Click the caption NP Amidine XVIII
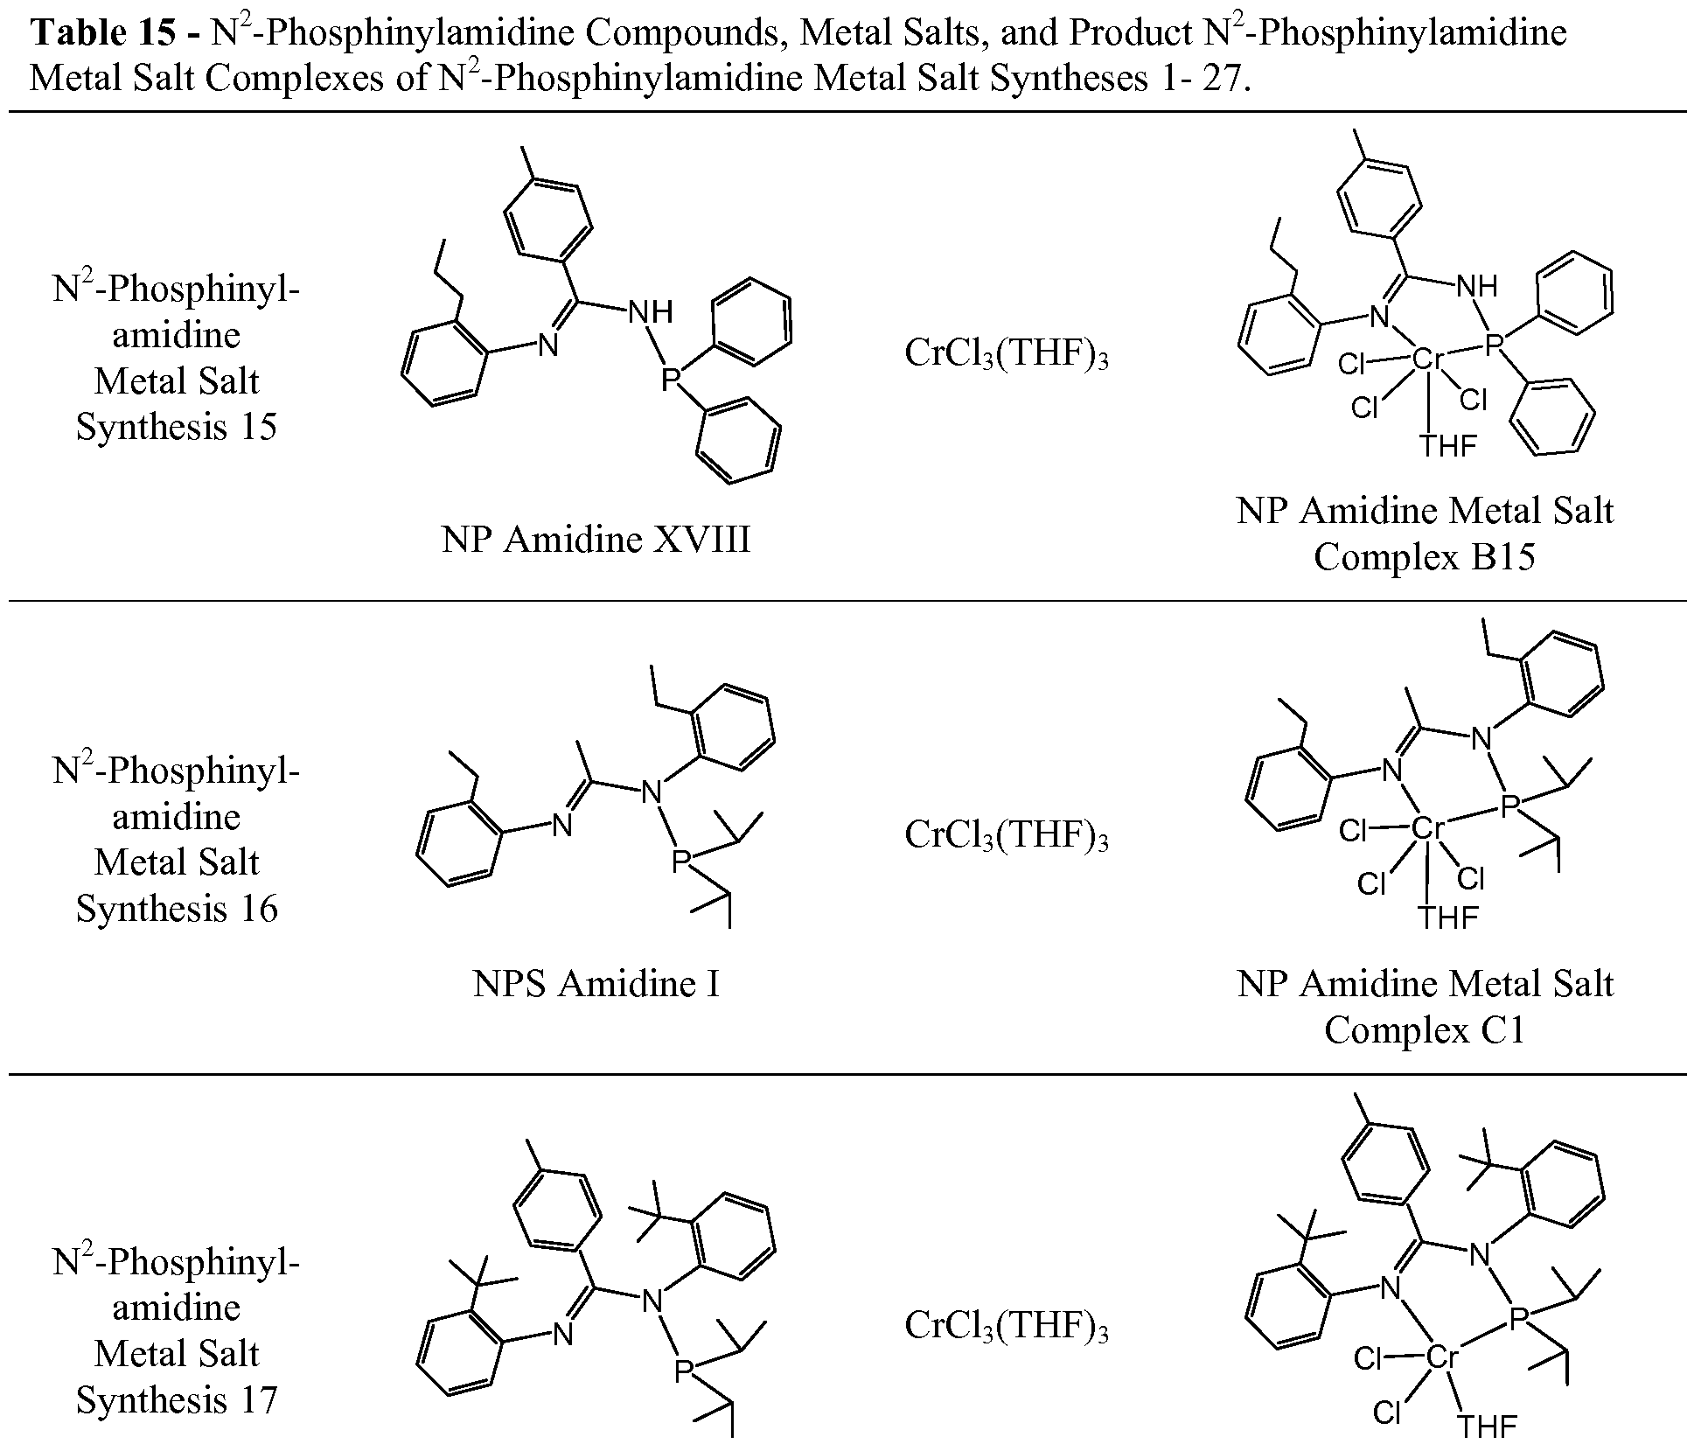pyautogui.click(x=596, y=540)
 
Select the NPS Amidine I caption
pyautogui.click(x=596, y=984)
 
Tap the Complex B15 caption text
pyautogui.click(x=1425, y=556)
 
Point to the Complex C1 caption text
pyautogui.click(x=1425, y=1029)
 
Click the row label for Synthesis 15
pyautogui.click(x=177, y=358)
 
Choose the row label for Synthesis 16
pyautogui.click(x=177, y=840)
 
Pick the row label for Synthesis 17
pyautogui.click(x=177, y=1330)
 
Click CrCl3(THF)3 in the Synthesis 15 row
pyautogui.click(x=1007, y=354)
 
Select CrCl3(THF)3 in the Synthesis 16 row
pyautogui.click(x=1007, y=834)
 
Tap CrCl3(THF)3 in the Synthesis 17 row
pyautogui.click(x=1007, y=1326)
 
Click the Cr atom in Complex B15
pyautogui.click(x=1426, y=359)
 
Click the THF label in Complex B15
pyautogui.click(x=1448, y=446)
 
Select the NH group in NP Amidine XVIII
pyautogui.click(x=651, y=312)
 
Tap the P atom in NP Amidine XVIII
pyautogui.click(x=670, y=380)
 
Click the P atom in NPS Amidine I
pyautogui.click(x=680, y=862)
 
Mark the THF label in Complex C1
pyautogui.click(x=1448, y=917)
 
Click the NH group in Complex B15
pyautogui.click(x=1477, y=286)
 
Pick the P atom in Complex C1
pyautogui.click(x=1508, y=806)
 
